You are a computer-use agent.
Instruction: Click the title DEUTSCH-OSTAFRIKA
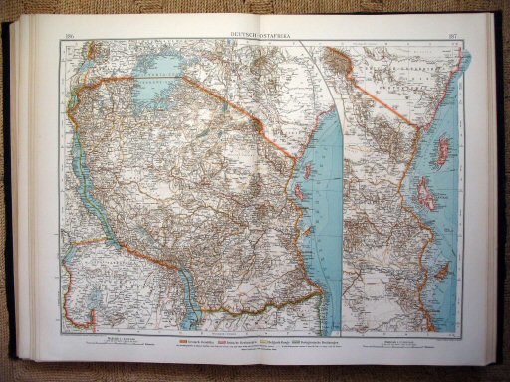click(256, 37)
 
